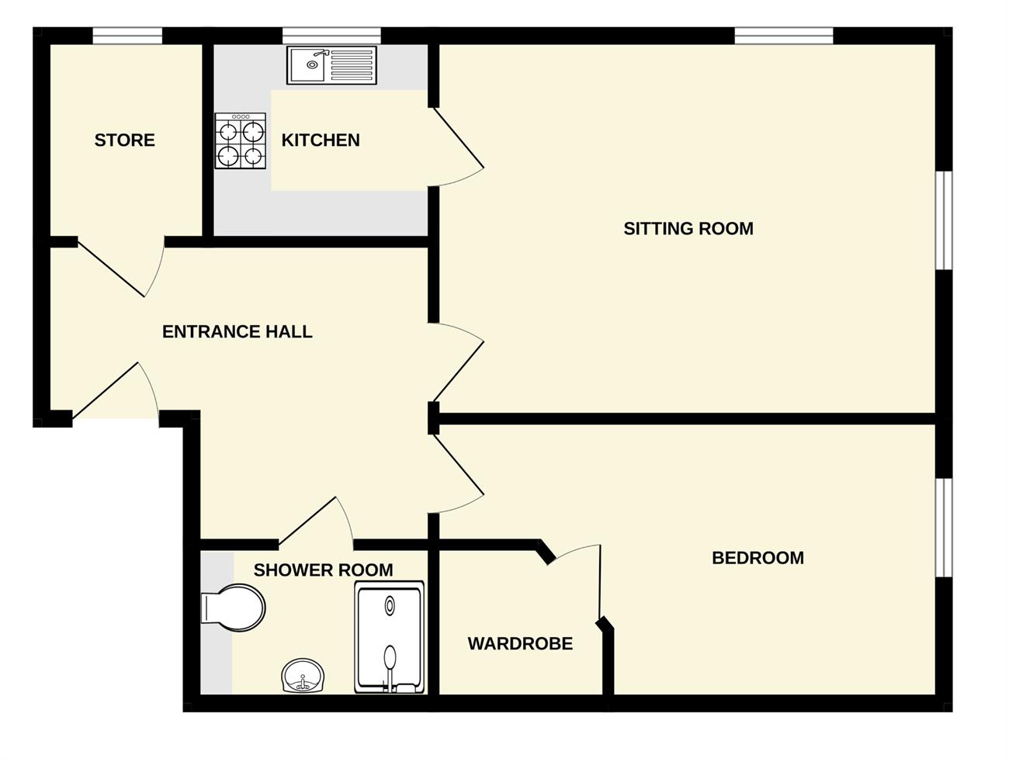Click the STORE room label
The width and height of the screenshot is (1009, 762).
[125, 140]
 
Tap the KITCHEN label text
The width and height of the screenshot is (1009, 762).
[321, 140]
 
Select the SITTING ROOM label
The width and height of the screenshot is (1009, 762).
[688, 228]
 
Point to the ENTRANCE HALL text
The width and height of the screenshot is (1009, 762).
[238, 331]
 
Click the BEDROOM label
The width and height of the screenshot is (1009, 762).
[758, 558]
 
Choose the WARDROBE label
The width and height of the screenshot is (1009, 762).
[520, 644]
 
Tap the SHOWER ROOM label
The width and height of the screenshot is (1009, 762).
[323, 570]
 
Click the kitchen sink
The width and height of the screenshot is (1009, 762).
[331, 65]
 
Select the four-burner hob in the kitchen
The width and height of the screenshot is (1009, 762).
[241, 140]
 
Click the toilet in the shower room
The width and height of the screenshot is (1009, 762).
[233, 608]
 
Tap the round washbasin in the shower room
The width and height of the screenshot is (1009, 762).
[303, 676]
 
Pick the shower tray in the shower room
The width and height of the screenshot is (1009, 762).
[389, 636]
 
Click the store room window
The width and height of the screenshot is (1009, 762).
[127, 36]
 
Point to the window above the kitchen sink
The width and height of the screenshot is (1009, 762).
[331, 36]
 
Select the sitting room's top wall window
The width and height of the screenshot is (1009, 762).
[784, 36]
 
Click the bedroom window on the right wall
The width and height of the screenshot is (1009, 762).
[944, 527]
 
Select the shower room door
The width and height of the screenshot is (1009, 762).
[316, 522]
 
